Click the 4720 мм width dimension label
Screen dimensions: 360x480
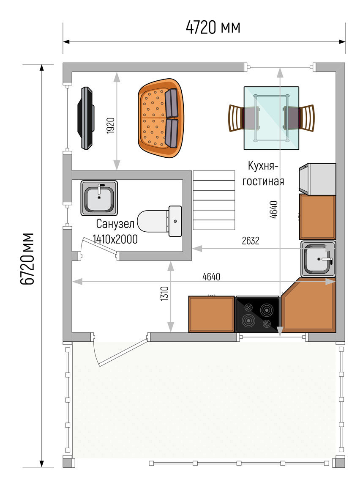click(x=213, y=27)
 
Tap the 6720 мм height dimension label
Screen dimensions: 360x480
click(x=27, y=259)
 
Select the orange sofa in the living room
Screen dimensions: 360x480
click(x=161, y=118)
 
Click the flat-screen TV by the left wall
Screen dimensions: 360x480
click(x=85, y=118)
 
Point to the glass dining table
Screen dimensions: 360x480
click(x=271, y=118)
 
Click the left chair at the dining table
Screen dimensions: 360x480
click(x=242, y=118)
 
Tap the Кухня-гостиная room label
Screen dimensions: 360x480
click(x=263, y=173)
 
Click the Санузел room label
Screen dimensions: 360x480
click(x=115, y=224)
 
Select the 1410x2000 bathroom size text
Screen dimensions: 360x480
click(x=115, y=239)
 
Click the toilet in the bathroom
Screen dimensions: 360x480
click(x=160, y=221)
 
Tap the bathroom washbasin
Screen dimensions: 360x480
click(x=99, y=198)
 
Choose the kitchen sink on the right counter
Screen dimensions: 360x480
click(x=318, y=259)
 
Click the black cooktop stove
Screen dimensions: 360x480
click(x=258, y=314)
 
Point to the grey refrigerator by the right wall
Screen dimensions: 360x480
click(x=317, y=179)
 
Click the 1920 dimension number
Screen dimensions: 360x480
click(x=111, y=126)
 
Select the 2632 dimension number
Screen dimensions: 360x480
click(x=251, y=241)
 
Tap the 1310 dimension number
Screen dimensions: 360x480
click(x=164, y=293)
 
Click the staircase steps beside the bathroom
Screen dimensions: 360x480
click(x=214, y=200)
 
